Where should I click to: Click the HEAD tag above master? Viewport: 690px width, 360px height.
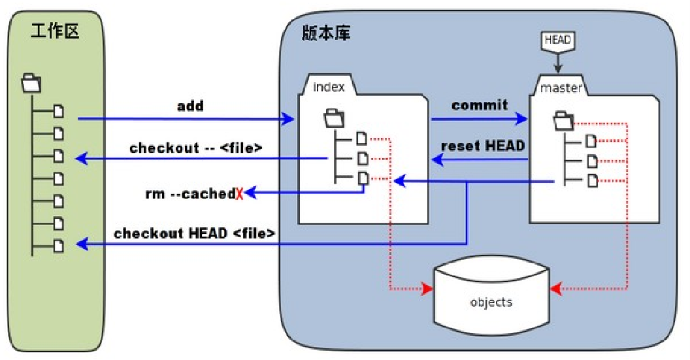tap(557, 41)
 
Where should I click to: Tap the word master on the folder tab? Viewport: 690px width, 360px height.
tap(561, 88)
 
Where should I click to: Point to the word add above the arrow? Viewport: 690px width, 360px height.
tap(190, 106)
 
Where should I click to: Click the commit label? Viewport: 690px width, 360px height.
tap(479, 105)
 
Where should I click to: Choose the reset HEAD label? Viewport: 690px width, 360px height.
tap(483, 145)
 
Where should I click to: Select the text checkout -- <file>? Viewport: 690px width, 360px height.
tap(196, 148)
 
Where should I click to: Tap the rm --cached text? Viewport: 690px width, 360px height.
tap(189, 194)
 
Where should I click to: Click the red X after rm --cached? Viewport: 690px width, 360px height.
tap(239, 194)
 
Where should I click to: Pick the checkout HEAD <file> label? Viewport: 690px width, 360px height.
tap(194, 233)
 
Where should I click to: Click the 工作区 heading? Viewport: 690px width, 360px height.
tap(55, 31)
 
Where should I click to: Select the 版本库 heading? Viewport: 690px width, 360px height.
tap(326, 33)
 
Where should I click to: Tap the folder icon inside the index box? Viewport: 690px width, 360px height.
tap(335, 118)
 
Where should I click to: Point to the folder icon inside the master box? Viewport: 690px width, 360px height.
tap(563, 120)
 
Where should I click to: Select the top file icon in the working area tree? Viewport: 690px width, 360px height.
tap(59, 111)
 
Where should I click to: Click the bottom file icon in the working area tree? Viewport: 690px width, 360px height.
tap(59, 246)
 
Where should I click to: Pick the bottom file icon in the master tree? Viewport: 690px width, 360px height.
tap(591, 180)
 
